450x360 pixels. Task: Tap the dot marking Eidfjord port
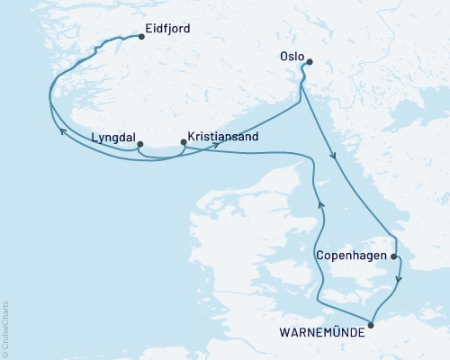141,38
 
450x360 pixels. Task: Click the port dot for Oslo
309,62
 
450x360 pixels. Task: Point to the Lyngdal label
113,139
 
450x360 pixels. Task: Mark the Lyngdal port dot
139,143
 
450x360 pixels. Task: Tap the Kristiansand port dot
183,141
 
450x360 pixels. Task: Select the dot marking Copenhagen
394,256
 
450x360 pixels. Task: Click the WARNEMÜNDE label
321,332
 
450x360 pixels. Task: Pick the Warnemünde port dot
371,325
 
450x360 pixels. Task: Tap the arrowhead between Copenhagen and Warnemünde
400,279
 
